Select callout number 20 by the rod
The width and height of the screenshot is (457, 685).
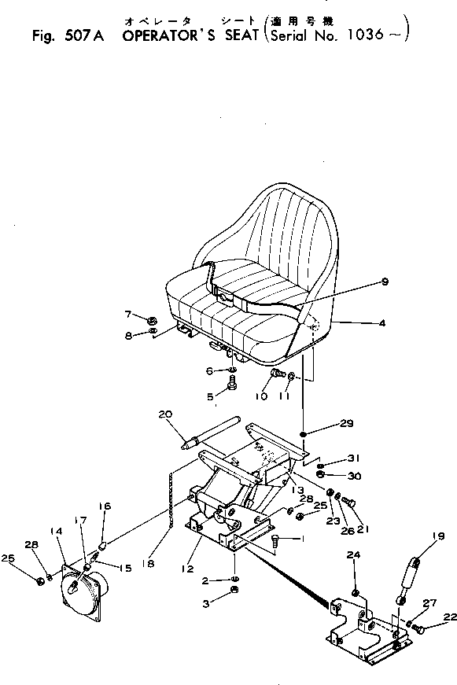tap(164, 414)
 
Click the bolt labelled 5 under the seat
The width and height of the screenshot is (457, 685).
tap(233, 385)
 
